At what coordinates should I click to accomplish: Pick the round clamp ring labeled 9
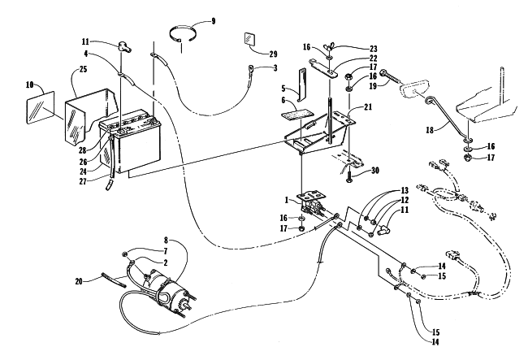(185, 34)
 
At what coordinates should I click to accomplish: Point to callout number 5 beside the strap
(275, 88)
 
